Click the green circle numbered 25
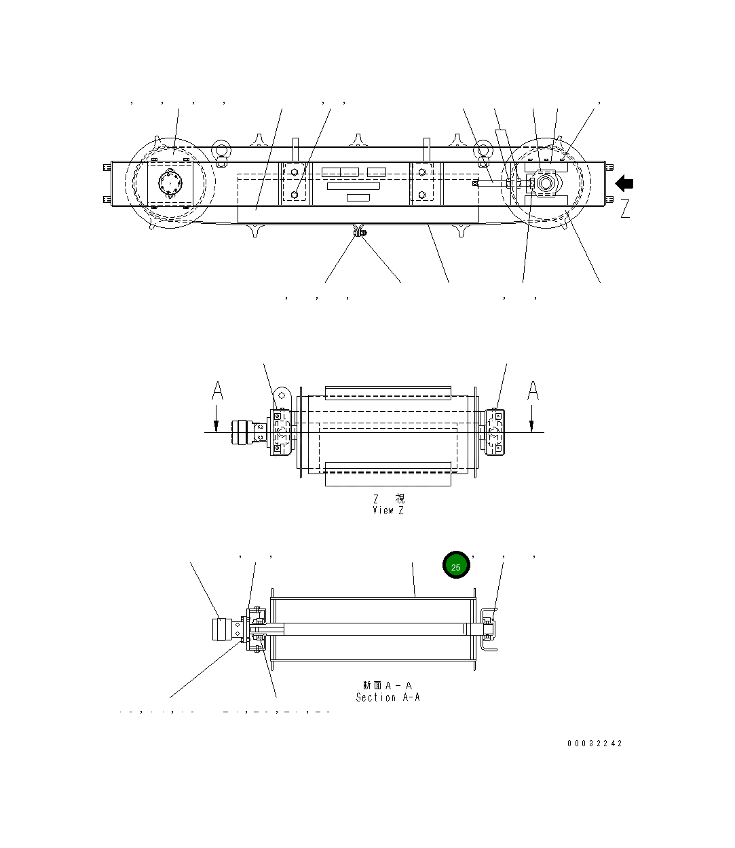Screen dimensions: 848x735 click(x=456, y=566)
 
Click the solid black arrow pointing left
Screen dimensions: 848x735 click(x=624, y=184)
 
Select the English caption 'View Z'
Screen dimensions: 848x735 click(x=388, y=511)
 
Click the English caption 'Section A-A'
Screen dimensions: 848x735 click(x=388, y=697)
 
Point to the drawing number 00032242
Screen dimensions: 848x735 click(x=595, y=744)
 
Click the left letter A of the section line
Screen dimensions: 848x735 click(x=217, y=391)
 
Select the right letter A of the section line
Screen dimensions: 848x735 click(x=533, y=391)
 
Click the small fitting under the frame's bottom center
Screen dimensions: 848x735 click(x=358, y=233)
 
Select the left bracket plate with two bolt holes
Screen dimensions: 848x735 click(x=295, y=183)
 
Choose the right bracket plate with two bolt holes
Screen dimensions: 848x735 click(x=422, y=183)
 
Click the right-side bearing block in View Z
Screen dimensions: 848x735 click(x=495, y=431)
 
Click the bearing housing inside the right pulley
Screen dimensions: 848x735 click(x=545, y=184)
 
